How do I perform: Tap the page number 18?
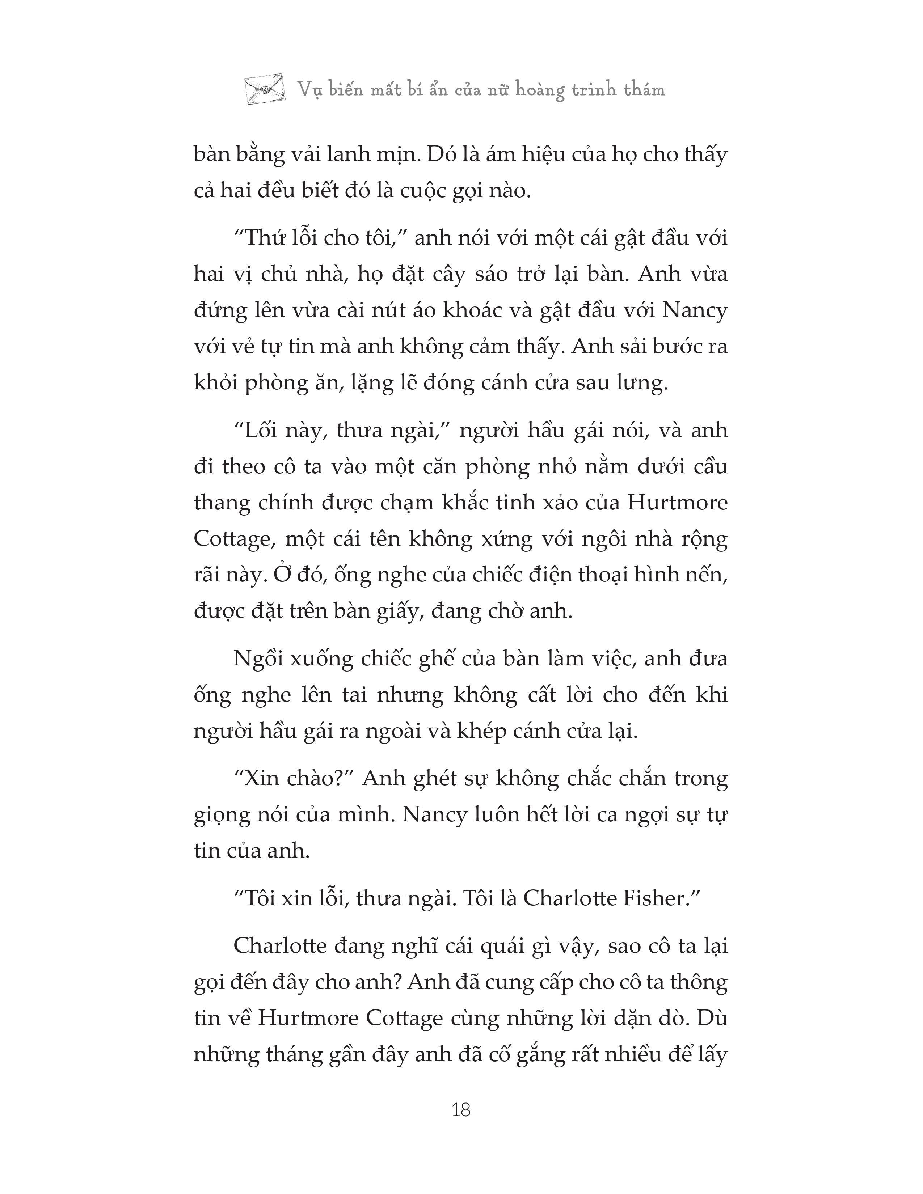[461, 1110]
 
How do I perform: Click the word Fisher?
[660, 899]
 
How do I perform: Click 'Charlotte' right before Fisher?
[569, 899]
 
